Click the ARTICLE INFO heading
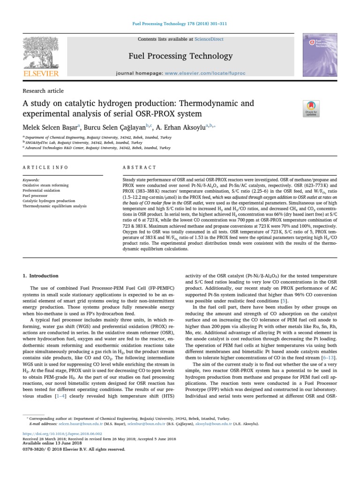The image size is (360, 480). pyautogui.click(x=45, y=167)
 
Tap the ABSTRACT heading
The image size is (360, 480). pyautogui.click(x=139, y=167)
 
